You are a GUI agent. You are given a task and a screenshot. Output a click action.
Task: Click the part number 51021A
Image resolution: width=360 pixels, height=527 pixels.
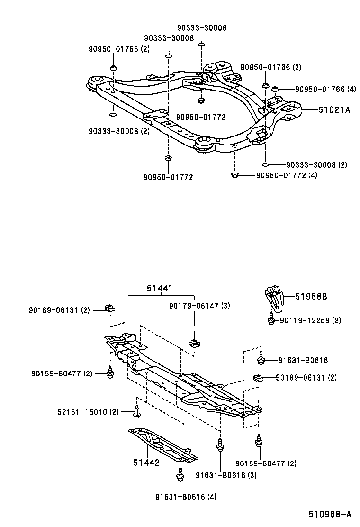[x=334, y=110]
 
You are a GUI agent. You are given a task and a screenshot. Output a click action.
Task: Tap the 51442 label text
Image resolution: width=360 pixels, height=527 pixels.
[x=146, y=463]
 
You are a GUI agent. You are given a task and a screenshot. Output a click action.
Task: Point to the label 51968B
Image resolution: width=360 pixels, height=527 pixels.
[x=311, y=297]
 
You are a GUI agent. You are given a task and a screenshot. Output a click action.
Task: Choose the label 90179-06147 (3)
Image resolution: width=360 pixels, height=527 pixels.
[x=199, y=306]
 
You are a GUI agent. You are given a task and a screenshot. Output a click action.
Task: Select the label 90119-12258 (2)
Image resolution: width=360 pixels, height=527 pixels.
[x=310, y=321]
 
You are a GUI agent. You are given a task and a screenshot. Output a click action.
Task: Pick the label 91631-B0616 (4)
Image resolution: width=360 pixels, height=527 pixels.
[x=186, y=496]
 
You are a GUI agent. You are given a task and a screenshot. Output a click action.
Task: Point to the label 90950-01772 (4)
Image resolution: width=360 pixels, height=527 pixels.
[x=287, y=175]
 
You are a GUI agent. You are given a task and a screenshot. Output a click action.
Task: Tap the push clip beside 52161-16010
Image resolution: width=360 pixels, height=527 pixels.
[x=136, y=412]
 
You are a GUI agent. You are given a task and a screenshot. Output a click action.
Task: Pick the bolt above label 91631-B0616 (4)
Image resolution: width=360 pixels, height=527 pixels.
[x=180, y=474]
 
